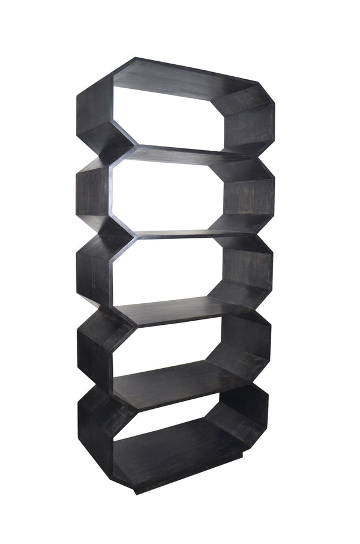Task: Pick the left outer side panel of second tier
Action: coord(93,192)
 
